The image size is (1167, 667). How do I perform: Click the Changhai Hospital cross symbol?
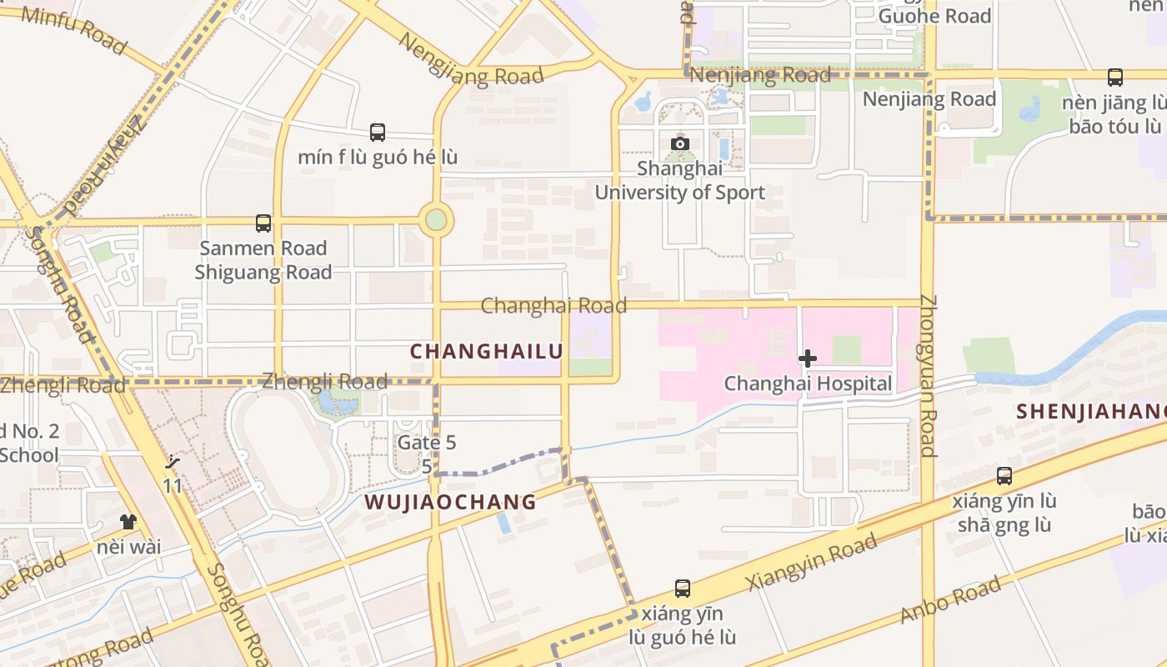coord(807,359)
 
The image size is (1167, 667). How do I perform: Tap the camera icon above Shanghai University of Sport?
coord(680,143)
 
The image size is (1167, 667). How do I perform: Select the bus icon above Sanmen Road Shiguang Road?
coord(263,223)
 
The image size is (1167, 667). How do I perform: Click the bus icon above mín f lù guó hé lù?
coord(378,132)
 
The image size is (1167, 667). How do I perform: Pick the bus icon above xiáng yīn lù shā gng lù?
coord(1004,476)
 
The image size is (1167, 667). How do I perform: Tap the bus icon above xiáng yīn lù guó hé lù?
coord(683,589)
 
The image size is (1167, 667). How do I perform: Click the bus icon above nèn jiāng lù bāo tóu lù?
coord(1115,78)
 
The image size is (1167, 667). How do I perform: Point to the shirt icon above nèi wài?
coord(128,522)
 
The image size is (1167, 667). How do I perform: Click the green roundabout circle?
coord(436,221)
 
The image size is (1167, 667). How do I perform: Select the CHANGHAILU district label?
coord(487,351)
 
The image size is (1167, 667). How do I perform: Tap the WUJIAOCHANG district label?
coord(450,502)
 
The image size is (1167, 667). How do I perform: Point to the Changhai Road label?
coord(553,306)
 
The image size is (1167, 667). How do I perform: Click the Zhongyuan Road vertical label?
coord(929,375)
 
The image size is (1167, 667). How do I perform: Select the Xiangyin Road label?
coord(812,562)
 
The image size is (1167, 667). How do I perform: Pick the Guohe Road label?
coord(934,16)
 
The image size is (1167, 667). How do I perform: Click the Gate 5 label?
coord(427,442)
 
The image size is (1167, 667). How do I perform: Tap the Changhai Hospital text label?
coord(808,384)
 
